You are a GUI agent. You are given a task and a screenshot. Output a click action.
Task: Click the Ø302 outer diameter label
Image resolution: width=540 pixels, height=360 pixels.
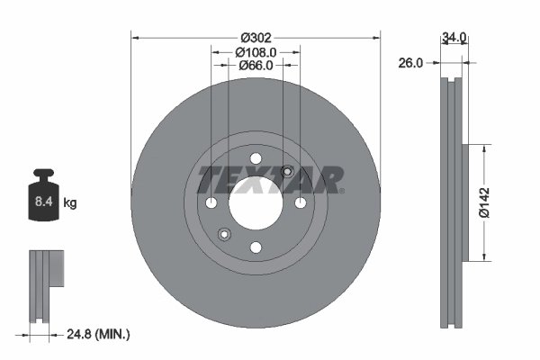pyautogui.click(x=256, y=38)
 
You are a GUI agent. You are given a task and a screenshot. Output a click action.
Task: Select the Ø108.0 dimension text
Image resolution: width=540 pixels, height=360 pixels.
pyautogui.click(x=256, y=52)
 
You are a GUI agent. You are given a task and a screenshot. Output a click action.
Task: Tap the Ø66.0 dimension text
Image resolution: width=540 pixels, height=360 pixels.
pyautogui.click(x=256, y=67)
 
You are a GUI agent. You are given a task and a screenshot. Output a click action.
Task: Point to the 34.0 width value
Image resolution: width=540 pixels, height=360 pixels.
pyautogui.click(x=454, y=38)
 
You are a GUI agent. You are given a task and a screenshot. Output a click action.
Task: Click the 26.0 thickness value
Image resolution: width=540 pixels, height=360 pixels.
pyautogui.click(x=411, y=63)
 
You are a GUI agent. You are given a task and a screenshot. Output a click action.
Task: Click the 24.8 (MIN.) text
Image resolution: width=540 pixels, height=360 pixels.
pyautogui.click(x=100, y=335)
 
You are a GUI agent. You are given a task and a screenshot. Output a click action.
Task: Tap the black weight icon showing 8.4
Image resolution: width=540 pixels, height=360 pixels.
pyautogui.click(x=42, y=193)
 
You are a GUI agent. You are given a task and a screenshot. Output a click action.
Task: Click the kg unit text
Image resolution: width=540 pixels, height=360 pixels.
pyautogui.click(x=70, y=203)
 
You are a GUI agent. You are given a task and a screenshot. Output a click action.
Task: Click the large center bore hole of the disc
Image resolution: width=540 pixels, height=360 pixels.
pyautogui.click(x=256, y=202)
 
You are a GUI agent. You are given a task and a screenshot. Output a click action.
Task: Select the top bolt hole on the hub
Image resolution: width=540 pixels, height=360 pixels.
pyautogui.click(x=256, y=159)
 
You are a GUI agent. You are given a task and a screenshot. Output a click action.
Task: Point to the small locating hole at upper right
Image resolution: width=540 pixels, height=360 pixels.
pyautogui.click(x=287, y=172)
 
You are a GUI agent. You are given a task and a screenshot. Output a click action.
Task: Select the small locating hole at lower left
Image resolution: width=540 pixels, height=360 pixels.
pyautogui.click(x=225, y=234)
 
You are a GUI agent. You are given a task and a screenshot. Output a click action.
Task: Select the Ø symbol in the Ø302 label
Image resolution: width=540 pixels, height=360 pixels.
pyautogui.click(x=245, y=38)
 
